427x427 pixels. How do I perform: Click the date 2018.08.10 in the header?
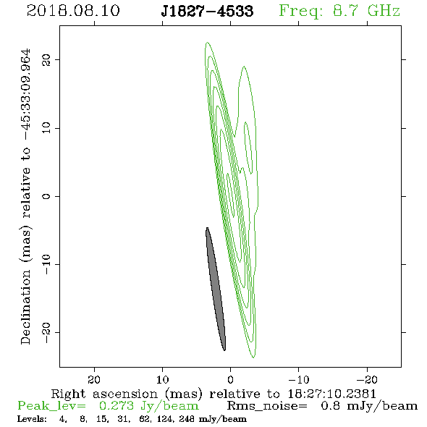[x=73, y=11]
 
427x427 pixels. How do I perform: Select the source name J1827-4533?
[x=207, y=11]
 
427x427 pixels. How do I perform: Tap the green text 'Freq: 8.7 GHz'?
[x=339, y=11]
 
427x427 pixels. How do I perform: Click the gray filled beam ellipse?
[x=216, y=289]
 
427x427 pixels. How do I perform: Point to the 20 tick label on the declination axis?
[x=46, y=59]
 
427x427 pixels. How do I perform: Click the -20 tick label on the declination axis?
[x=46, y=332]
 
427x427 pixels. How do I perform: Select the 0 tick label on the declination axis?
[x=46, y=196]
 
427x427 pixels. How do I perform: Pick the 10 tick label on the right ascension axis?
[x=163, y=379]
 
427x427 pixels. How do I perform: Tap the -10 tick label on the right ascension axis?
[x=299, y=379]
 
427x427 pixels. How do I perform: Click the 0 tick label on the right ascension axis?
[x=231, y=379]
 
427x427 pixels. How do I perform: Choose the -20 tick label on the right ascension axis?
[x=367, y=379]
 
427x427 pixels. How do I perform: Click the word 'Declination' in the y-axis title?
[x=25, y=307]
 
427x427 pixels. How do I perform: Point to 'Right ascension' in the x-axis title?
[x=104, y=394]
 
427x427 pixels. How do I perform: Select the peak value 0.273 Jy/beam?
[x=148, y=406]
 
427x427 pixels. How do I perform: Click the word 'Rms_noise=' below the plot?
[x=267, y=406]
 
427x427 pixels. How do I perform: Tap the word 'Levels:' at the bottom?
[x=32, y=419]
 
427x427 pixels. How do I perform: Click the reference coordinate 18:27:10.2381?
[x=332, y=394]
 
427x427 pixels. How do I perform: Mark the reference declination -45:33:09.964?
[x=26, y=95]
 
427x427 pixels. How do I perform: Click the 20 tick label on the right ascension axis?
[x=94, y=379]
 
